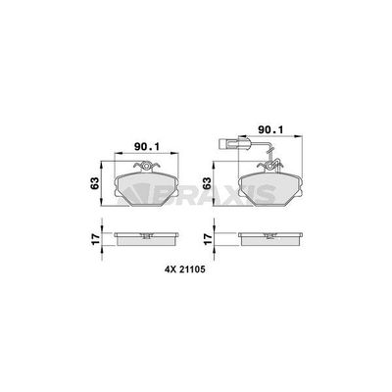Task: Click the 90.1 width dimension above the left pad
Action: click(x=147, y=147)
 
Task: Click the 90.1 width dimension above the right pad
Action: click(x=270, y=129)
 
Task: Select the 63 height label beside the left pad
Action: click(x=95, y=183)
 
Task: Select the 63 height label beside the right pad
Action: click(x=206, y=183)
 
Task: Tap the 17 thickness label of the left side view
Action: click(x=95, y=239)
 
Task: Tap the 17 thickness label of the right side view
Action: click(x=206, y=239)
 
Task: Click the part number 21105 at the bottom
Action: click(x=192, y=269)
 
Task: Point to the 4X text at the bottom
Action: click(x=171, y=269)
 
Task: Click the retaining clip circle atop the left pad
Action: click(x=147, y=167)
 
